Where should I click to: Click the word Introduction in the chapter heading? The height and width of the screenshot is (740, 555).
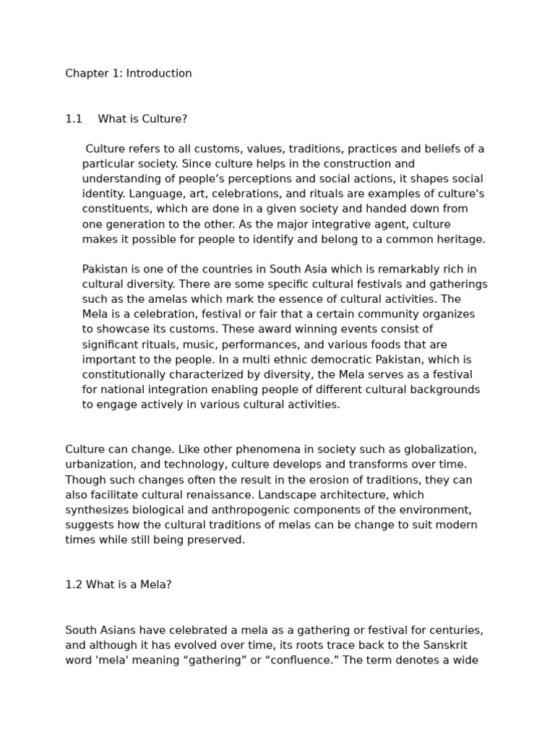(x=159, y=73)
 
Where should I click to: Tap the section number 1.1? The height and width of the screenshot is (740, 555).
(x=74, y=119)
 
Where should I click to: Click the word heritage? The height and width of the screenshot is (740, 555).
(x=461, y=239)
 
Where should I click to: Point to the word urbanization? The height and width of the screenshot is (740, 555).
(x=100, y=465)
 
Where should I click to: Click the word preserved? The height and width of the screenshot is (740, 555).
(x=216, y=540)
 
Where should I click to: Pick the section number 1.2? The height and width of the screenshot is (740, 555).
(x=74, y=585)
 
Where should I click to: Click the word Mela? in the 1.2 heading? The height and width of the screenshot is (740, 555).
(x=154, y=585)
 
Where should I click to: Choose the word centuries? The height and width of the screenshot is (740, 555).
(x=457, y=630)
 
